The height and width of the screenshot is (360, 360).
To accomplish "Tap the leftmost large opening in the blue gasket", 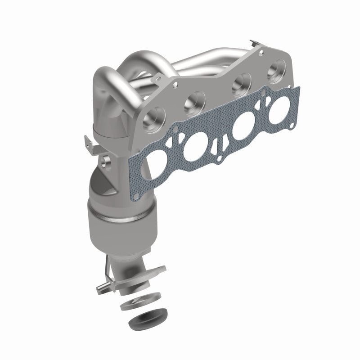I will (155, 163).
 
